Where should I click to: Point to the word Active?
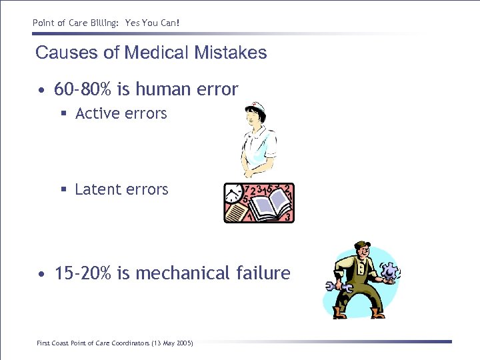tap(97, 114)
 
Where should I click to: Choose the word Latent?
tap(97, 190)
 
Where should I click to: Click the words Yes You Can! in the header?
tap(153, 23)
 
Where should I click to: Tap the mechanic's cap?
tap(363, 245)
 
